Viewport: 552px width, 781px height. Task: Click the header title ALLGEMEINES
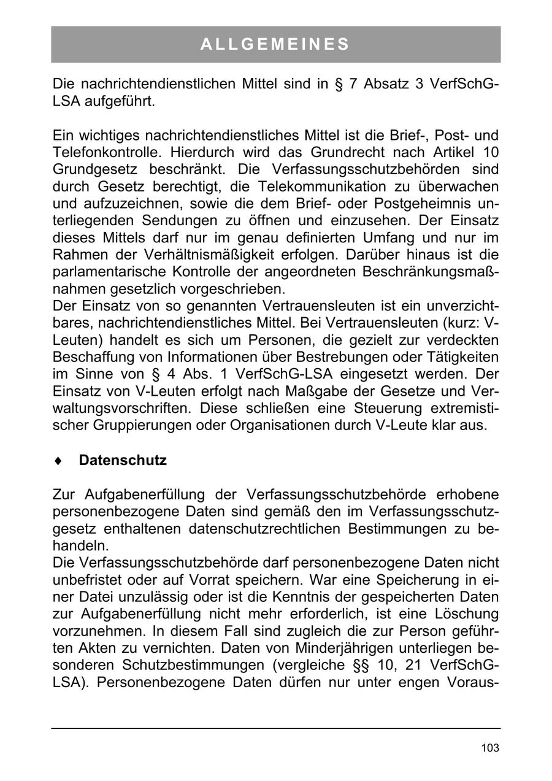click(x=275, y=44)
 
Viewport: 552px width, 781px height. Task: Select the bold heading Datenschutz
click(x=123, y=460)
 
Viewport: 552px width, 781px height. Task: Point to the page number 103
click(x=490, y=747)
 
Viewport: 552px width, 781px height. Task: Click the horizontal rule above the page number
click(x=275, y=728)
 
